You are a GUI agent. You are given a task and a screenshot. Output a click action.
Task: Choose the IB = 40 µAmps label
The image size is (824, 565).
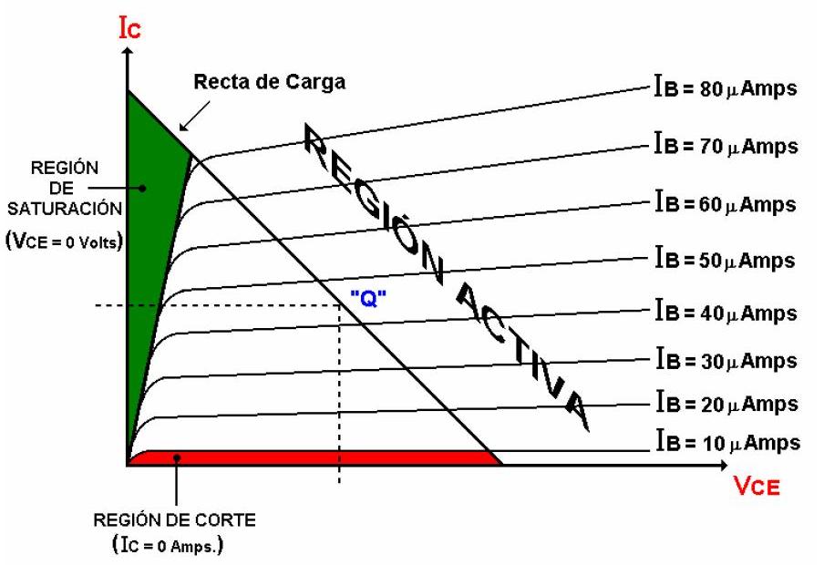tap(725, 312)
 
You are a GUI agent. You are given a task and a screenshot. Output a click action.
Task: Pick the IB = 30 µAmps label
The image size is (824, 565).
tap(725, 360)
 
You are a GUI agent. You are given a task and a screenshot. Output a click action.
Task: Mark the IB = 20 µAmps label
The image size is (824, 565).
tap(725, 402)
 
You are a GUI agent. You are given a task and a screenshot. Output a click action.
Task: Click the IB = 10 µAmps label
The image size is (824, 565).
tap(726, 443)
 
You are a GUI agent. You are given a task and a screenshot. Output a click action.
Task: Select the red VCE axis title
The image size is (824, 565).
tap(756, 488)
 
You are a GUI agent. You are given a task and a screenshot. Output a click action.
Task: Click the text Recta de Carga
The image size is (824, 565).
tap(269, 83)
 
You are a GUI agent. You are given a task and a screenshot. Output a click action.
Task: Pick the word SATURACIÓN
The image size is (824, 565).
tap(63, 208)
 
